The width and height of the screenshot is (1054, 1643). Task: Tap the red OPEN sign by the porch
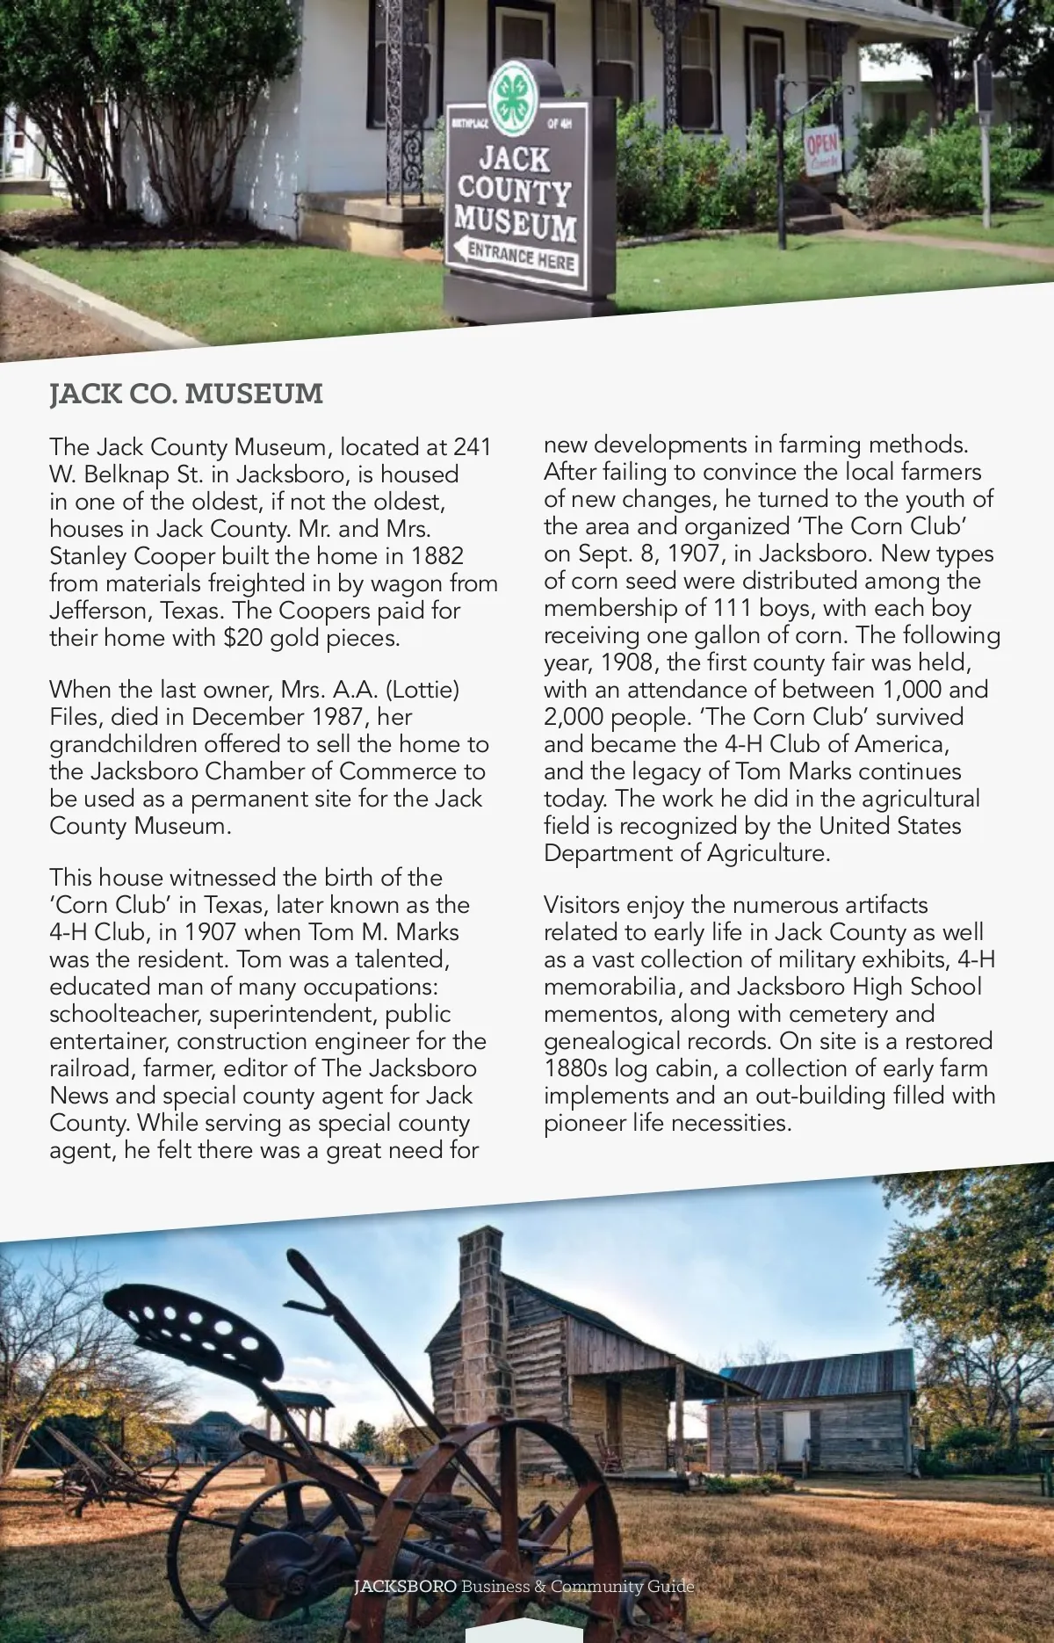point(822,152)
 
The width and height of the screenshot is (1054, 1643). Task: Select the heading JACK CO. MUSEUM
point(186,394)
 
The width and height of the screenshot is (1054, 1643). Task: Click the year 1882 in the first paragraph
point(434,556)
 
